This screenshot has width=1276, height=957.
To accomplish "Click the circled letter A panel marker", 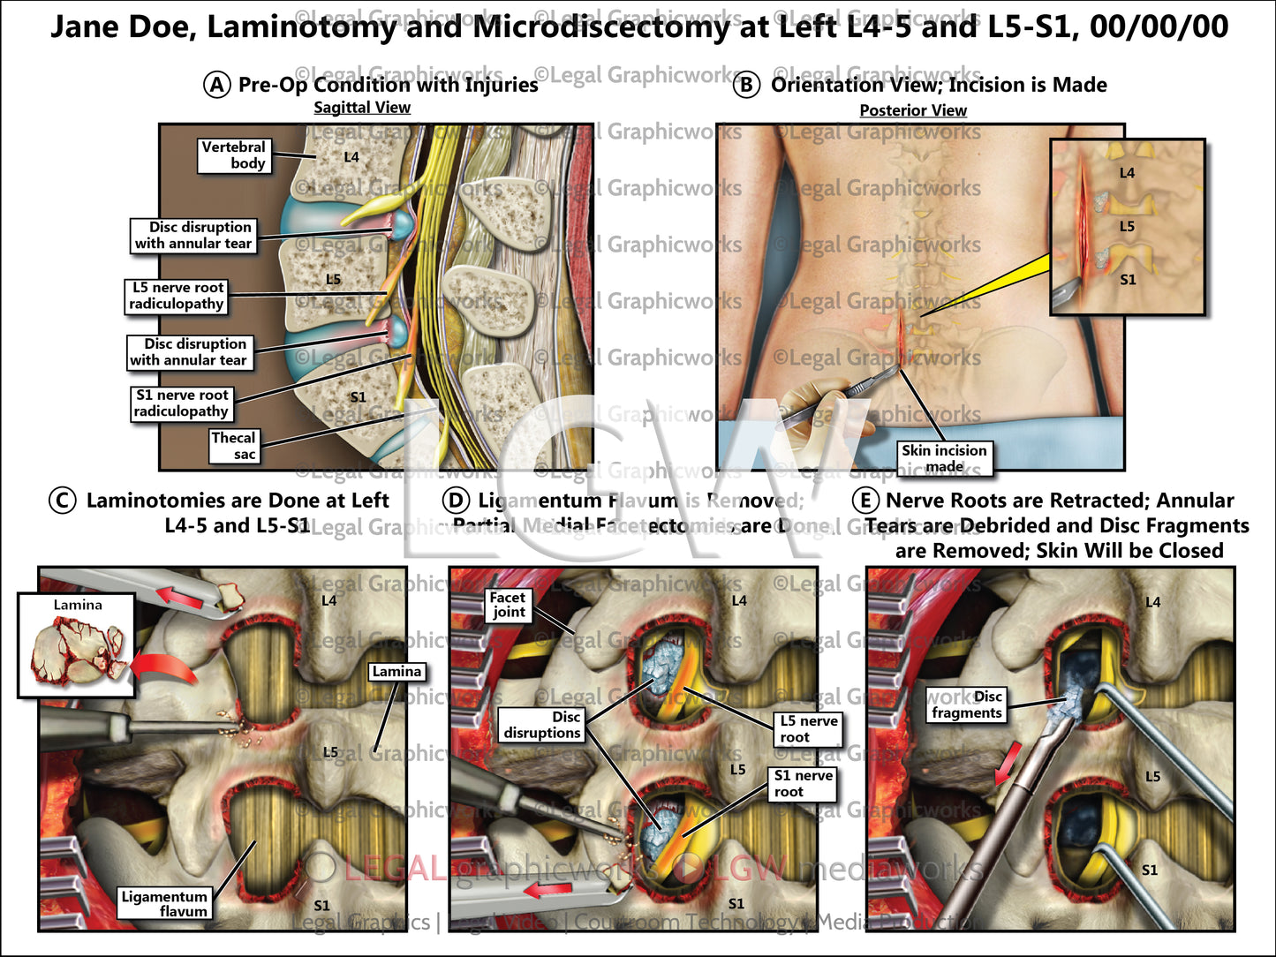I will tap(217, 85).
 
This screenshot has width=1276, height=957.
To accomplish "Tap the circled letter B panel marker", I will tap(747, 85).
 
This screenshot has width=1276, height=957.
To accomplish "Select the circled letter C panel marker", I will tap(62, 501).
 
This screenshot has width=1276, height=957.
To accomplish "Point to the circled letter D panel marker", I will tap(456, 501).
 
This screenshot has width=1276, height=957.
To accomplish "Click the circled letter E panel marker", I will tap(865, 501).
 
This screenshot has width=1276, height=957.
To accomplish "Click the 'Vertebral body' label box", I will tap(233, 155).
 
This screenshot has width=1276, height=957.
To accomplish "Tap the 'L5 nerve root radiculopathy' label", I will tap(177, 296).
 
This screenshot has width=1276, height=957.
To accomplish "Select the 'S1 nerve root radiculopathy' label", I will tap(182, 403).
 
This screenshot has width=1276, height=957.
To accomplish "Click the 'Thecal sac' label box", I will tap(233, 446).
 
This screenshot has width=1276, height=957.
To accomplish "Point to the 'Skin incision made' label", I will tap(944, 458).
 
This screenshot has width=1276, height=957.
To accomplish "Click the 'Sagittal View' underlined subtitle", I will tap(362, 108).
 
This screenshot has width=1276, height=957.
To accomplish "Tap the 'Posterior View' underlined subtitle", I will tap(913, 110).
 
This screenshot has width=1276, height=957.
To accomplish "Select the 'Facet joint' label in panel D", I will tap(509, 605).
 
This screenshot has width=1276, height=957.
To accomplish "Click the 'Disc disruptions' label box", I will tap(542, 725).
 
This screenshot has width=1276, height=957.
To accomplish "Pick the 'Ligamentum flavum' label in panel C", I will tap(164, 903).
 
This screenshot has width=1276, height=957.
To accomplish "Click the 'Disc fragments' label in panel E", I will tap(967, 705).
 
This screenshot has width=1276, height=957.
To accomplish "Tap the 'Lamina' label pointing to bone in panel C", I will tap(396, 672).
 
